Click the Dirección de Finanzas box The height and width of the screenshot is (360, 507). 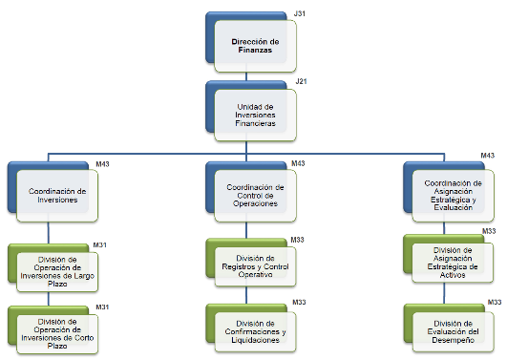[x=255, y=46]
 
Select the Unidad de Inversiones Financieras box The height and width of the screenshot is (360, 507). [x=255, y=115]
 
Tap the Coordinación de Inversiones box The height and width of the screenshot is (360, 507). [x=57, y=196]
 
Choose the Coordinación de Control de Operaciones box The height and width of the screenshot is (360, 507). [x=255, y=196]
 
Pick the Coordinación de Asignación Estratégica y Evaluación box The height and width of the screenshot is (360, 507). [x=453, y=196]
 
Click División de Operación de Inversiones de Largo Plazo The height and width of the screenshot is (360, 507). [x=57, y=272]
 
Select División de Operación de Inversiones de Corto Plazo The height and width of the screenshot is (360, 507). [x=57, y=334]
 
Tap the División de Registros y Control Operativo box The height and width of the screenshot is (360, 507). [x=255, y=266]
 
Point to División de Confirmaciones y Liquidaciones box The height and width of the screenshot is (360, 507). [x=255, y=332]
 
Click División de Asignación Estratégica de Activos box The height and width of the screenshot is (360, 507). [x=453, y=263]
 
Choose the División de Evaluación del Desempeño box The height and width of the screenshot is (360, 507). [x=453, y=332]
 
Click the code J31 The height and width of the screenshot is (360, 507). [x=300, y=13]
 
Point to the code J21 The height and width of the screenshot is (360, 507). [x=301, y=81]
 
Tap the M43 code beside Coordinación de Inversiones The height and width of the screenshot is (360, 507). [x=102, y=164]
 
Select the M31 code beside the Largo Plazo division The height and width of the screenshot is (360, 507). [x=100, y=245]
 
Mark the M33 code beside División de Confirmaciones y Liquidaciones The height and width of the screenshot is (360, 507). [x=299, y=302]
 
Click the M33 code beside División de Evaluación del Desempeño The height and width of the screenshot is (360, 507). [x=495, y=302]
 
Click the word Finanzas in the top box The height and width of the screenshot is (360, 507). [x=255, y=51]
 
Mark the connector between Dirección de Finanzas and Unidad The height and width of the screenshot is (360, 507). [x=246, y=76]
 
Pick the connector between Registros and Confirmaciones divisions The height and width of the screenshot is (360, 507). [x=246, y=295]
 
